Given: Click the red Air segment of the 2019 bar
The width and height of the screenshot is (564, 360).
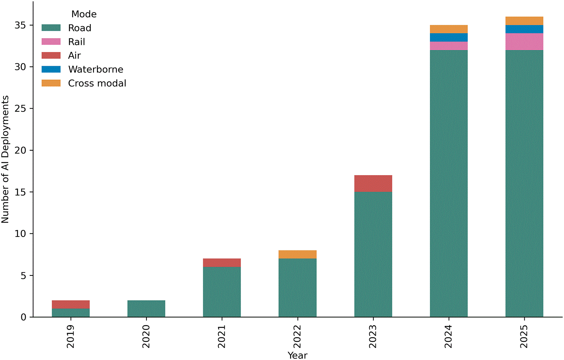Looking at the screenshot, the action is [71, 304].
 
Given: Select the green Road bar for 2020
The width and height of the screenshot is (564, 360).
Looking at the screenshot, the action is [146, 309].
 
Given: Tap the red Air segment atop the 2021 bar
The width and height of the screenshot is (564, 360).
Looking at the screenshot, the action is [222, 263].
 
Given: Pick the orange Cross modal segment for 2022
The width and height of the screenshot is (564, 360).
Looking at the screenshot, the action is [297, 254].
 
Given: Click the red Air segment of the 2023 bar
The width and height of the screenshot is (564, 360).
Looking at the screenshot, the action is [373, 184].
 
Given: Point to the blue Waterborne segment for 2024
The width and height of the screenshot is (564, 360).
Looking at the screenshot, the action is [449, 37].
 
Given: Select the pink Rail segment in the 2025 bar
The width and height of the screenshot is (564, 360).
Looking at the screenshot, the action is [524, 42].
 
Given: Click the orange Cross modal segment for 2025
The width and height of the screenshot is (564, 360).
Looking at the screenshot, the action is [524, 21].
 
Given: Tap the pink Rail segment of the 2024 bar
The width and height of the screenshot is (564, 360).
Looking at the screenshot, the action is [449, 46].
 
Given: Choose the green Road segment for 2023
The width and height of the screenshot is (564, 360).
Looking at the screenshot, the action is [373, 254].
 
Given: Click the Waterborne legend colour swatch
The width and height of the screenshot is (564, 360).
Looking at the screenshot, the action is [51, 69].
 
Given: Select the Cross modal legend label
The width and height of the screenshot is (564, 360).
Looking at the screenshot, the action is [97, 83].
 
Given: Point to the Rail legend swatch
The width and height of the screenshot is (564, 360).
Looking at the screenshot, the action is [51, 41].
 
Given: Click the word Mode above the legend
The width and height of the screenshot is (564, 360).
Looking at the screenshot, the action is [84, 14].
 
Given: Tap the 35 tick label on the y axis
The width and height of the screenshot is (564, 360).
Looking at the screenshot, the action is [20, 25].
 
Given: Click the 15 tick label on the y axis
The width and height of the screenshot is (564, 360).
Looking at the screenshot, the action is [20, 192].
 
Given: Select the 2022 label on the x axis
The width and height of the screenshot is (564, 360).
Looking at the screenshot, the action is [297, 336].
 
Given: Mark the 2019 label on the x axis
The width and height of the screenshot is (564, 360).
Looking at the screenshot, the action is [71, 336].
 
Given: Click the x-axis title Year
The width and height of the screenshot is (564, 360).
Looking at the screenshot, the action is [297, 355].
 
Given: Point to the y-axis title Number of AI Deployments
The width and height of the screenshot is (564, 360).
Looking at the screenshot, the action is [5, 159].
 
